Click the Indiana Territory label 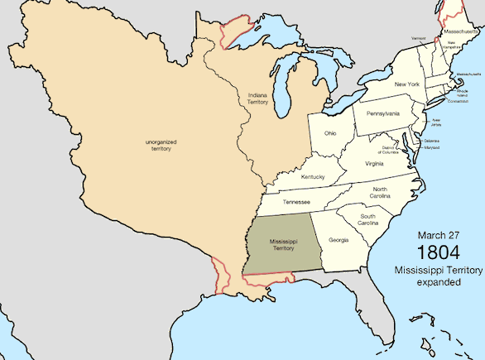257,98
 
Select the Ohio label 329,132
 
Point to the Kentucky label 313,177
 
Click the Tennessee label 297,200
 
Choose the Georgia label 338,241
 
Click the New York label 406,84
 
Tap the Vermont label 420,38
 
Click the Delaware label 431,142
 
